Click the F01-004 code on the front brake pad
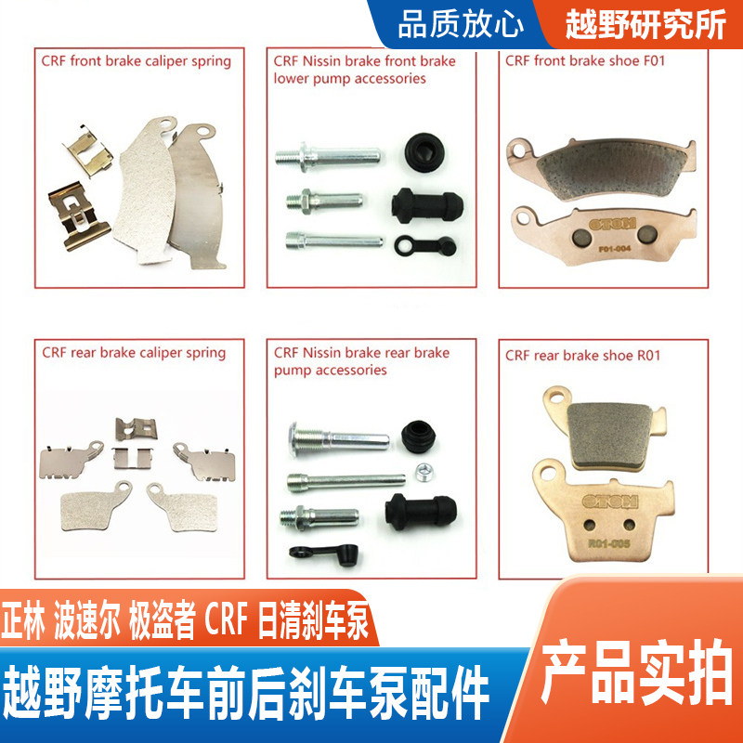coord(615,249)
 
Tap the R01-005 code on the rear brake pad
coord(608,543)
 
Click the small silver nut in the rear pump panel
coord(423,472)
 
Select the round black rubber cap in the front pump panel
coord(423,152)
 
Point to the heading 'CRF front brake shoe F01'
coord(585,61)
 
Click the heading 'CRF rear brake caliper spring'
coord(134,353)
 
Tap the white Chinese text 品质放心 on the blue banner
coord(460,25)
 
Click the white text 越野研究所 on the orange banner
coord(645,25)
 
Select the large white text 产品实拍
coord(636,671)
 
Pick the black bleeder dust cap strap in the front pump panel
coord(425,245)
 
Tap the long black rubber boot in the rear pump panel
coord(421,512)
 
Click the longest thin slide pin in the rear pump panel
coord(346,482)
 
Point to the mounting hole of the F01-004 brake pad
coord(523,218)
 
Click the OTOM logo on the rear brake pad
coord(609,502)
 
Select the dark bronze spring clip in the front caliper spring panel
coord(79,216)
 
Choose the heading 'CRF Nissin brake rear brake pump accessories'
coord(361,361)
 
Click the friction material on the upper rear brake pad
coord(609,434)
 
